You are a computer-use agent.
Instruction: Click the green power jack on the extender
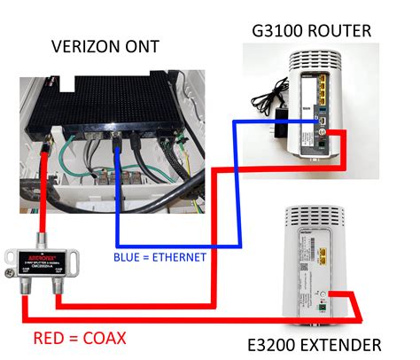click(x=324, y=308)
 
